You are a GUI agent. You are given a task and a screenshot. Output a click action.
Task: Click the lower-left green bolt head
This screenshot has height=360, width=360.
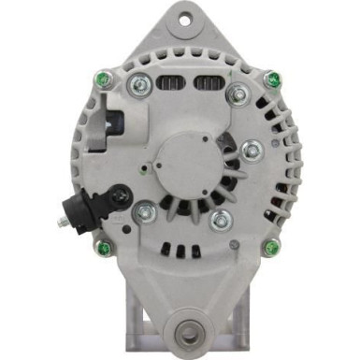coord(104,248)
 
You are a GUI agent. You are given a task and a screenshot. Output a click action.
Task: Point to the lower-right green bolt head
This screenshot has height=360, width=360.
coord(272,248)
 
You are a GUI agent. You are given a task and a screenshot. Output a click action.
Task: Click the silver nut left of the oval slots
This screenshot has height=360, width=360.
coord(141,87)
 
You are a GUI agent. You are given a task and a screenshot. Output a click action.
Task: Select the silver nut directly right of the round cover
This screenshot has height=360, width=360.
coord(251,151)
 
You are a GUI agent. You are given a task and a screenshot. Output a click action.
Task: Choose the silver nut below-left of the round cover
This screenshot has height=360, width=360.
coord(145,214)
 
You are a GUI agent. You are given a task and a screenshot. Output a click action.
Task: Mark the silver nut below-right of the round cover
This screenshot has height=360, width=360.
coord(221,221)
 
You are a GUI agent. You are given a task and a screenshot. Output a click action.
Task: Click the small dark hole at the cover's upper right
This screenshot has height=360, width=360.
coord(214,141)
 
